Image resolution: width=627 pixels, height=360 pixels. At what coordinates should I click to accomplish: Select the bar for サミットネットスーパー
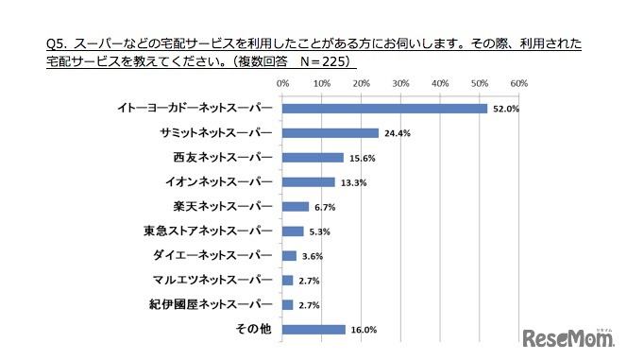(x=330, y=132)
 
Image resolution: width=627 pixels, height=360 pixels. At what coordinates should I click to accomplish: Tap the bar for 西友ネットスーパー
(x=313, y=157)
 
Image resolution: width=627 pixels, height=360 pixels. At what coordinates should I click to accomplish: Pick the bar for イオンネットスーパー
(x=308, y=181)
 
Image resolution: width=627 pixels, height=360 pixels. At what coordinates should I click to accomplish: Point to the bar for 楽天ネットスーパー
(x=296, y=206)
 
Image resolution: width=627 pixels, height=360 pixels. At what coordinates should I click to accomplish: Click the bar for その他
(x=313, y=330)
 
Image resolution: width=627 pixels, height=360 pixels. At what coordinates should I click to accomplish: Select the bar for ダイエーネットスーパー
(x=289, y=256)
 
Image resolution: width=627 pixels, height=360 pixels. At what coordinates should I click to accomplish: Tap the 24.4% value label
(x=397, y=133)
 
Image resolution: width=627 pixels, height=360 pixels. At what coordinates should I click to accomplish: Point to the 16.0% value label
(x=364, y=330)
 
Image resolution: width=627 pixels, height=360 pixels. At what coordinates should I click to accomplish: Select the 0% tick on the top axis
(x=282, y=84)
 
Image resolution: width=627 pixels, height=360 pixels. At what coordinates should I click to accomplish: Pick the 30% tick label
(x=399, y=84)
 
